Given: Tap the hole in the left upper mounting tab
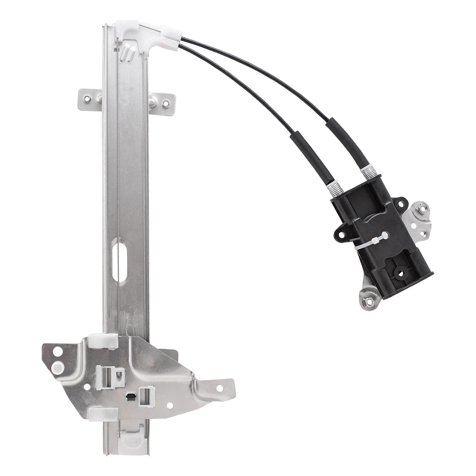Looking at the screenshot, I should pos(88,99).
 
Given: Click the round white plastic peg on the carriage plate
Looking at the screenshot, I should pos(58,366).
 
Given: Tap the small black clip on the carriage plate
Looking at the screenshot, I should pos(129,396).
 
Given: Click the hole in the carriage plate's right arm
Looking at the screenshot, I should pos(219,387).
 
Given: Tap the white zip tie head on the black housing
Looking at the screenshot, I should pos(381,236).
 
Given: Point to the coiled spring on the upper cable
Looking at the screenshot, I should pos(368,172).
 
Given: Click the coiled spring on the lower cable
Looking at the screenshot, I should pos(336,188).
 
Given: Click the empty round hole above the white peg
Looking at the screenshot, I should pos(57,352).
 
